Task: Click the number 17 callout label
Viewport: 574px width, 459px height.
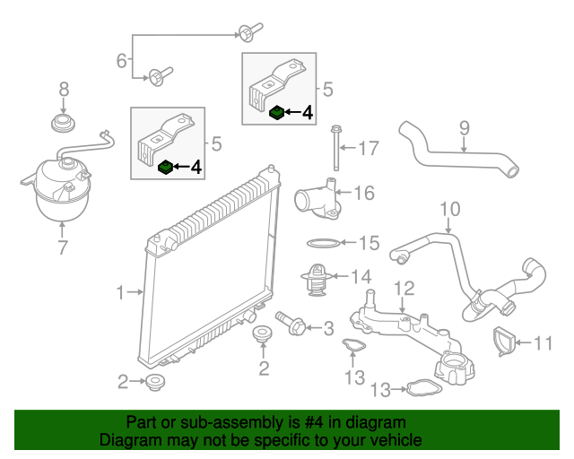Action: pyautogui.click(x=370, y=147)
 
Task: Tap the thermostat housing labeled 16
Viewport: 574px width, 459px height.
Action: pyautogui.click(x=317, y=198)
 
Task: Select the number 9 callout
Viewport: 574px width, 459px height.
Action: pyautogui.click(x=464, y=127)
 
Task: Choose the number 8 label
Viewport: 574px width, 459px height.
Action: pyautogui.click(x=64, y=89)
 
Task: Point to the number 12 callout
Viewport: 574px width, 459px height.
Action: pyautogui.click(x=404, y=288)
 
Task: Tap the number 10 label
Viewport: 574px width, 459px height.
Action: pyautogui.click(x=449, y=210)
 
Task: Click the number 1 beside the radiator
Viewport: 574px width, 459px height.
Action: pyautogui.click(x=120, y=291)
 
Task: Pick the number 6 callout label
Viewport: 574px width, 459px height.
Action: pyautogui.click(x=122, y=61)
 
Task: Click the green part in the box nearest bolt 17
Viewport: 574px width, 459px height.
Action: pyautogui.click(x=277, y=113)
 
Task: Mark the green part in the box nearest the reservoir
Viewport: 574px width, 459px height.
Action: pyautogui.click(x=165, y=167)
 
